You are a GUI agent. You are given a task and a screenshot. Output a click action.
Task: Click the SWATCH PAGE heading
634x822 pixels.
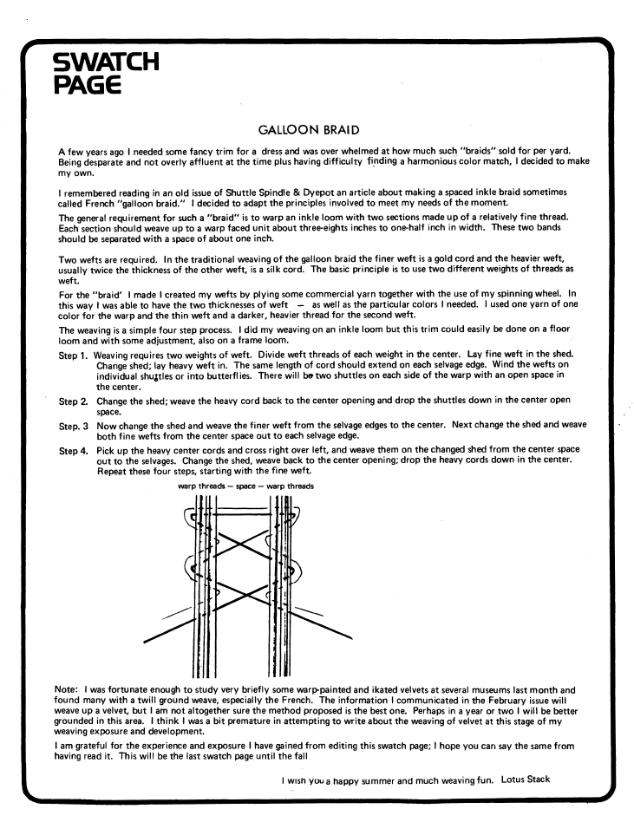coord(106,73)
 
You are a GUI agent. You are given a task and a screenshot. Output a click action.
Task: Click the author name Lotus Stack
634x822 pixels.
coord(526,779)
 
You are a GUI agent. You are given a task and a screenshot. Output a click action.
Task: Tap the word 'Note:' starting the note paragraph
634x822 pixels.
coord(69,689)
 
